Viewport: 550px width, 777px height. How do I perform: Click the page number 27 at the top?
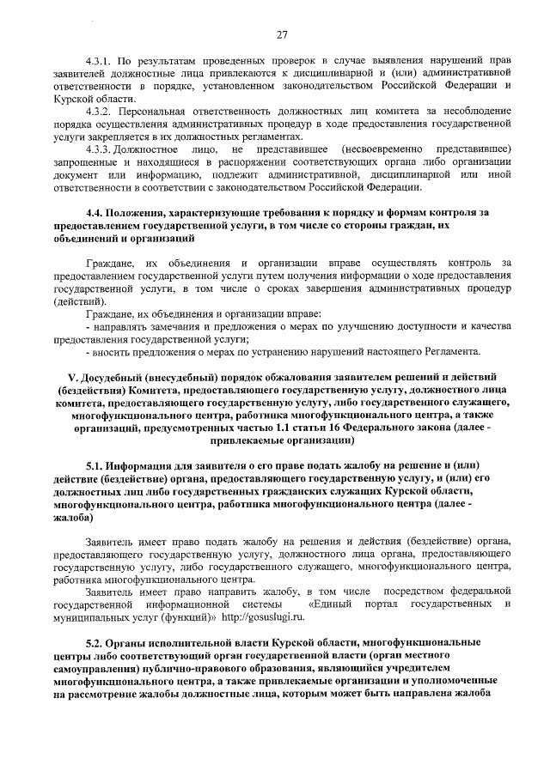pyautogui.click(x=281, y=34)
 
